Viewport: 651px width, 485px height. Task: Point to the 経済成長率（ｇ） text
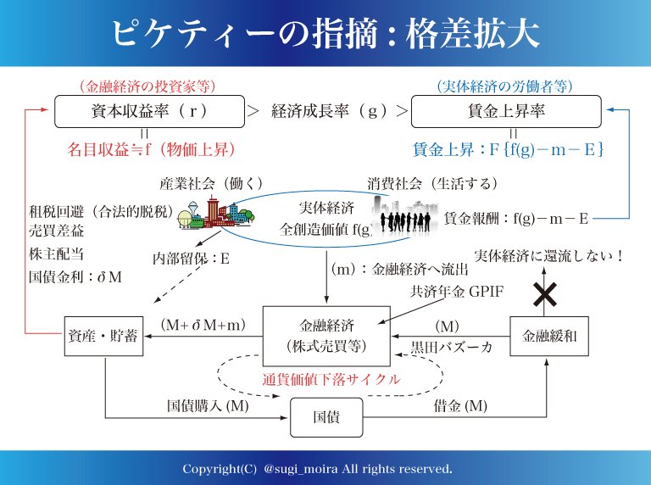332,111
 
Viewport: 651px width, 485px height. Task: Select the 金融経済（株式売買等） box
325,332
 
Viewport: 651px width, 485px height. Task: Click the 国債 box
325,415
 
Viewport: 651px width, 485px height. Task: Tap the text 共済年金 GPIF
456,292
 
